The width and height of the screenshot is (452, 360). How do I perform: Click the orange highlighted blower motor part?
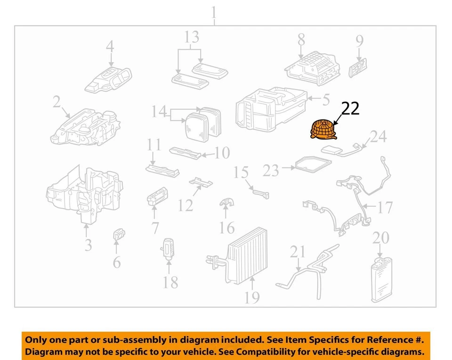coord(323,130)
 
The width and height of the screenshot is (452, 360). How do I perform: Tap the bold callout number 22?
coord(350,109)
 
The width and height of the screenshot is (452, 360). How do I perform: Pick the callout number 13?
coord(192,38)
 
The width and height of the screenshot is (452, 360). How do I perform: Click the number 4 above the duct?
coord(110,47)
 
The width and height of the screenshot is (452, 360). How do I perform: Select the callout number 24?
coord(378,137)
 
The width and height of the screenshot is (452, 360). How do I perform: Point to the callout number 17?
coord(385,207)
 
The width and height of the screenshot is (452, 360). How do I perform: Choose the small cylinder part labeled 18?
coord(169,249)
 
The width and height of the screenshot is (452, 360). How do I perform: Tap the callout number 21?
coord(297,252)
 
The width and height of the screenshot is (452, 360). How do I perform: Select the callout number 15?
coord(241,172)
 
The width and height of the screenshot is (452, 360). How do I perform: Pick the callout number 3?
coord(88,245)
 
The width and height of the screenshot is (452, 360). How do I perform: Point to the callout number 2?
coord(56,101)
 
